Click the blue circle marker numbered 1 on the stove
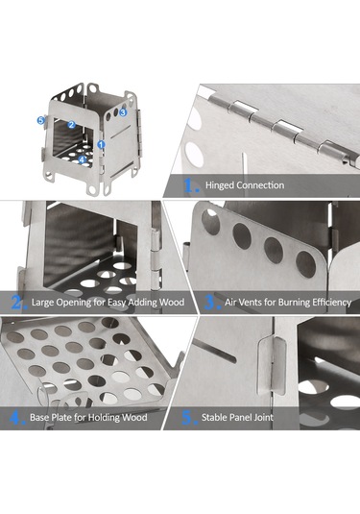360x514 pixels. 101,144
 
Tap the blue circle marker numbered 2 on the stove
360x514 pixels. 72,125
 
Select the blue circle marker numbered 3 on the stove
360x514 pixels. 123,112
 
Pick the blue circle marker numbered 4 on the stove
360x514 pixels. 82,159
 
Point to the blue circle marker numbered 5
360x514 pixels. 40,120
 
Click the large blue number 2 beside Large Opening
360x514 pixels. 17,303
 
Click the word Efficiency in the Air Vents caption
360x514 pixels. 332,303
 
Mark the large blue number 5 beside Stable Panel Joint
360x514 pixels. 188,418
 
